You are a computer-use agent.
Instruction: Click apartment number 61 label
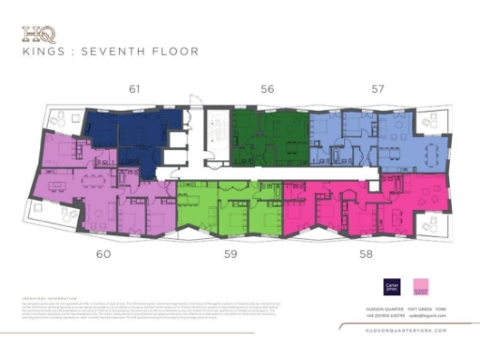click(x=135, y=90)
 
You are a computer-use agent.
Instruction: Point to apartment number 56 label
click(x=267, y=90)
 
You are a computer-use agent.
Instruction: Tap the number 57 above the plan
click(x=378, y=90)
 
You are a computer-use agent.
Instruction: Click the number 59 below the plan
click(x=230, y=253)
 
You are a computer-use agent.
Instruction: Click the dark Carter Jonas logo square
click(x=393, y=286)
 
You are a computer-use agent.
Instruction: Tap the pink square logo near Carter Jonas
click(x=421, y=286)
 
